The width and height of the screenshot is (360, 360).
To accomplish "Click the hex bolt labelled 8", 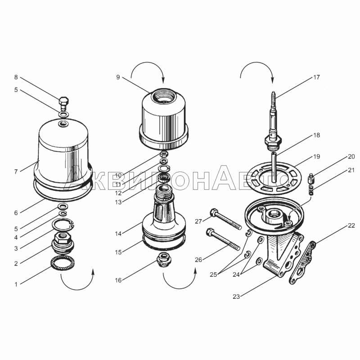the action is click(x=64, y=104).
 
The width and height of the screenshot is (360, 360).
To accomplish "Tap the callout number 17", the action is click(x=316, y=77).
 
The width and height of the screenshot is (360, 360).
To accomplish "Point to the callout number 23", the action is click(x=236, y=297).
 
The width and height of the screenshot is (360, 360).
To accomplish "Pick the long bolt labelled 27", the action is click(x=226, y=219).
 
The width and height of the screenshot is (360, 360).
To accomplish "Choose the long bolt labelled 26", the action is click(x=223, y=239).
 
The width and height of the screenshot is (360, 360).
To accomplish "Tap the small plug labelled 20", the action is click(x=312, y=179).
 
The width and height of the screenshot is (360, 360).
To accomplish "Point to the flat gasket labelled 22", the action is click(x=302, y=262).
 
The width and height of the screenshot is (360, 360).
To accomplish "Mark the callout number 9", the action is click(x=118, y=77).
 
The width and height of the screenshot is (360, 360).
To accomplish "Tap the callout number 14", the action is click(x=118, y=234).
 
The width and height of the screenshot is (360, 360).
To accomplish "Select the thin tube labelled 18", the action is click(x=274, y=167).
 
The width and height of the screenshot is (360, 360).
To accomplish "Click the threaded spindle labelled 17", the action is click(x=273, y=120).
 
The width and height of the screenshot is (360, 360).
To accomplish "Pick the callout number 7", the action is click(x=16, y=171).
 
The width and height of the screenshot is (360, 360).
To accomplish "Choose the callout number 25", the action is click(x=213, y=274).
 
